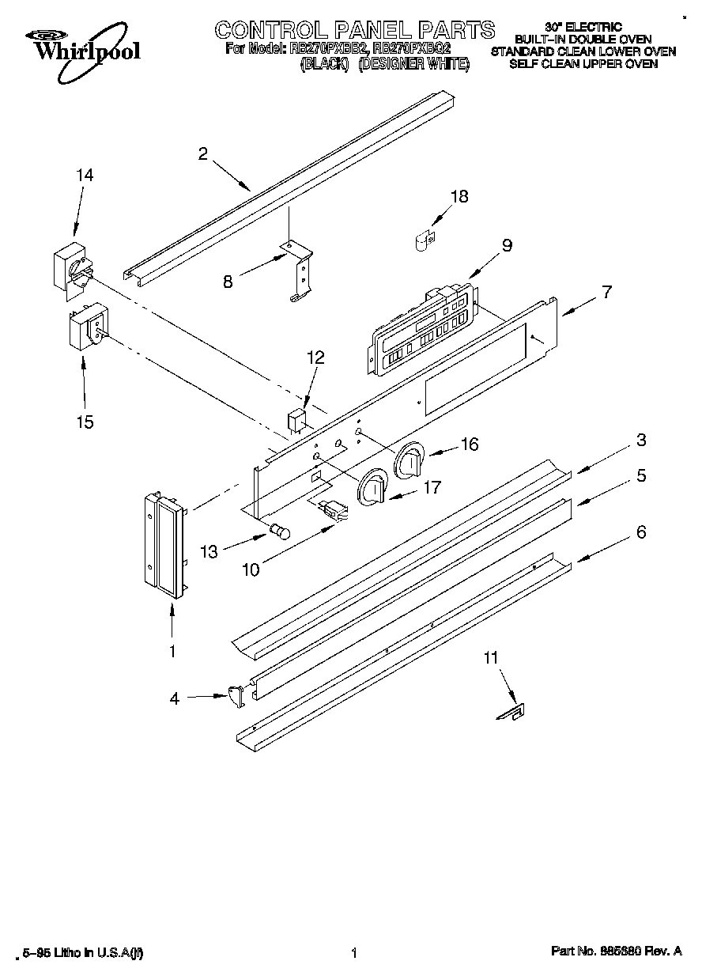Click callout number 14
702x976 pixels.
click(x=84, y=176)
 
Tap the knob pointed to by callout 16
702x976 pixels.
click(x=409, y=460)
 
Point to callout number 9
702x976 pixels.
click(x=507, y=245)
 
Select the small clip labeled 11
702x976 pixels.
click(x=507, y=714)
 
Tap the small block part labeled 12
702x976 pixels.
click(x=296, y=418)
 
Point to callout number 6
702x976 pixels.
click(x=640, y=532)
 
